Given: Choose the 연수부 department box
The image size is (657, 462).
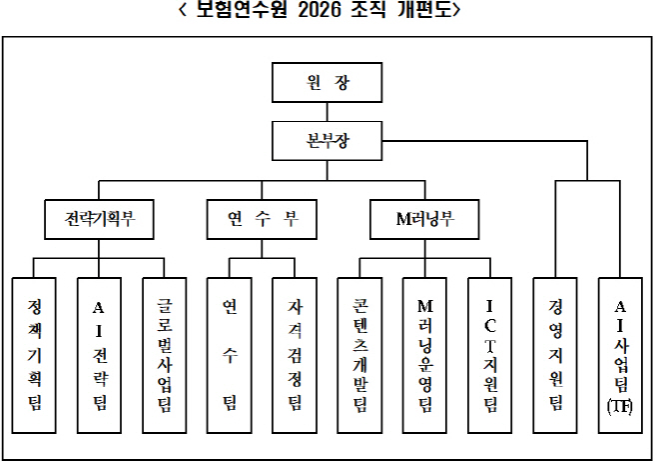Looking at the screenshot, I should [262, 219].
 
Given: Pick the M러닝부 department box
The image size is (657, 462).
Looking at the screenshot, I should [425, 219].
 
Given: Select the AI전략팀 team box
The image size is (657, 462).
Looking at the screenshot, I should [99, 355].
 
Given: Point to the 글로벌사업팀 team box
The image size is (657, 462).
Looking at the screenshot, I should [165, 355].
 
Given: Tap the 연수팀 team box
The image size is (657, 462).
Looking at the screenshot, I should [230, 355].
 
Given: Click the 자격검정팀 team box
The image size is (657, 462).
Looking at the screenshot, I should [296, 355].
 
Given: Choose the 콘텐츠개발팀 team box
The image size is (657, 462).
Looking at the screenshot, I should [360, 355].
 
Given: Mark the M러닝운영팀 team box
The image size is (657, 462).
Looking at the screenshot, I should [425, 355].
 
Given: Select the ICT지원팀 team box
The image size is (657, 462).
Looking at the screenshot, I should [490, 355].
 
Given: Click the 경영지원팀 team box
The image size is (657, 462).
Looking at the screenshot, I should [555, 355].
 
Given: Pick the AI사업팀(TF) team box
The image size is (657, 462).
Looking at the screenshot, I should [620, 355].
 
